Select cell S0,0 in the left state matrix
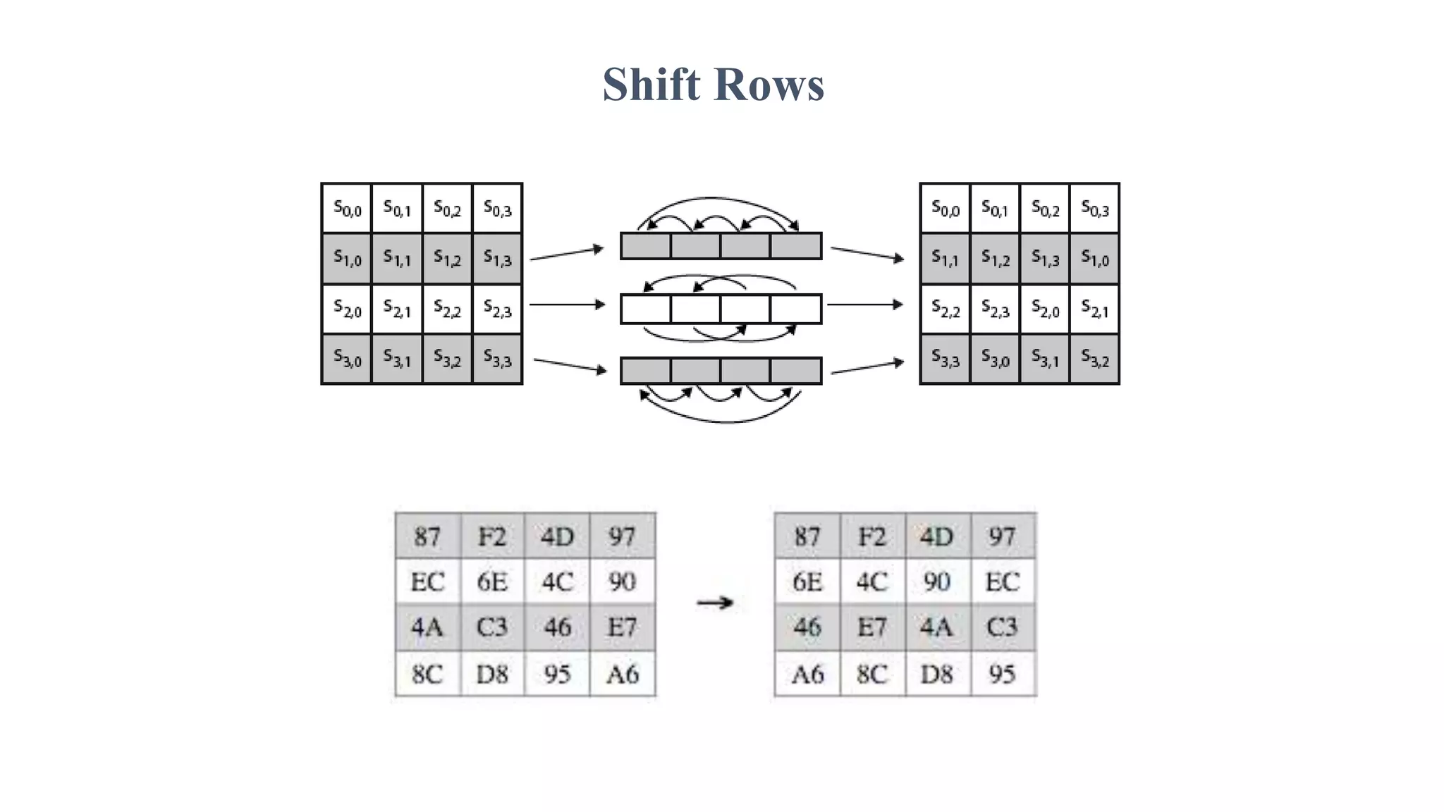[x=347, y=209]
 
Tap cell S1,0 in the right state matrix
[x=1094, y=259]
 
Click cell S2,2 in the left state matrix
[x=447, y=309]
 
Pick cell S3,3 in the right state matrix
[x=945, y=359]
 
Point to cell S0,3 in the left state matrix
[x=497, y=209]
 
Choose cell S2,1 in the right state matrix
[x=1094, y=309]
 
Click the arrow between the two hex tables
[x=715, y=603]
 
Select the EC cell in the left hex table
[x=427, y=582]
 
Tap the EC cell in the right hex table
[x=1002, y=582]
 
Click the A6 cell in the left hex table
[x=622, y=675]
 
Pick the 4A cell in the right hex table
[x=936, y=627]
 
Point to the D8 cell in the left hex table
[x=491, y=675]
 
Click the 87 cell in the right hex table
[x=807, y=537]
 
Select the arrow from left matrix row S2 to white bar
[x=567, y=304]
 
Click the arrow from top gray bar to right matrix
[x=867, y=254]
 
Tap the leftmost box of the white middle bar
[x=646, y=309]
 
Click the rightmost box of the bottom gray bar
[x=795, y=371]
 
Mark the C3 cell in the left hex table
[x=491, y=627]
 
